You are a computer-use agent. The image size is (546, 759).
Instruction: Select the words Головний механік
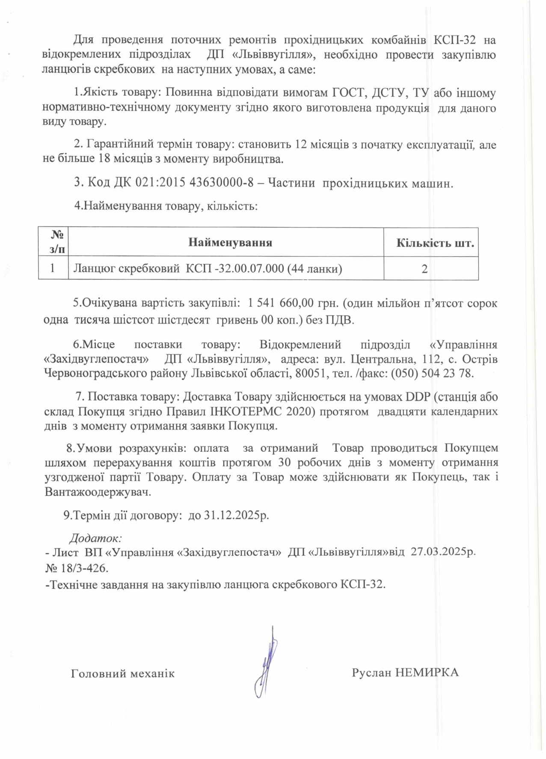(x=123, y=673)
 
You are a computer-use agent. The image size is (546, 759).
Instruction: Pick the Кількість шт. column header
(x=435, y=243)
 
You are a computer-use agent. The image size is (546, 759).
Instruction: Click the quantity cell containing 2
(x=424, y=269)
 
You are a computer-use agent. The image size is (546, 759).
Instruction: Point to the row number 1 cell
(x=53, y=268)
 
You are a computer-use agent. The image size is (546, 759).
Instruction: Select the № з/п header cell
(x=57, y=242)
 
